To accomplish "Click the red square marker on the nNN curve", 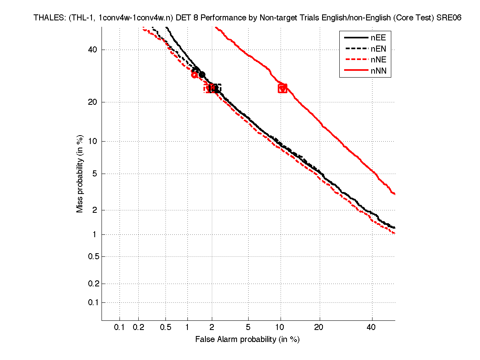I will coord(283,88).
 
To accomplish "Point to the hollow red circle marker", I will coord(195,74).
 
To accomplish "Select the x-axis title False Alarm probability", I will coord(247,340).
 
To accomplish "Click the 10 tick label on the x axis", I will coord(281,328).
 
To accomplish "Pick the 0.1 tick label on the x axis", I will coord(120,328).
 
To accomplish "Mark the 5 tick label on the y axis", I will coord(94,174).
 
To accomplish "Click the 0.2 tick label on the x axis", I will coord(138,328).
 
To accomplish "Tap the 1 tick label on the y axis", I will coord(94,235).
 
